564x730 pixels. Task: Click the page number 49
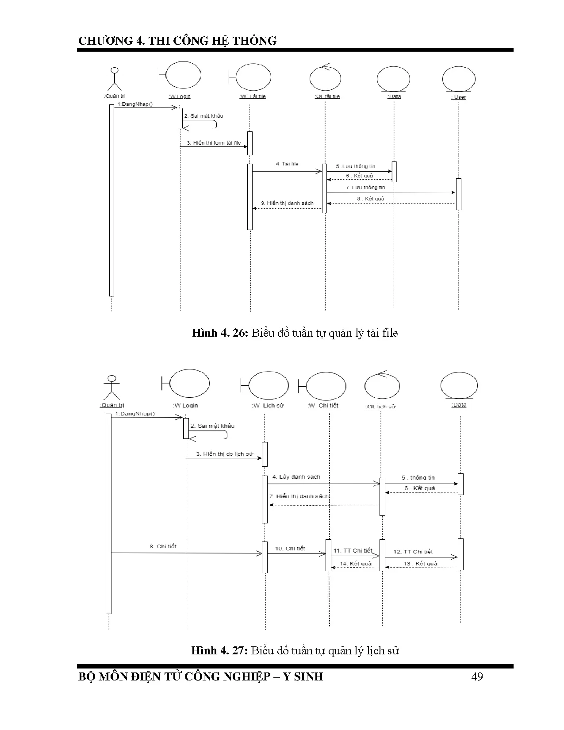click(477, 676)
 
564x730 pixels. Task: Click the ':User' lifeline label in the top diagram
click(459, 97)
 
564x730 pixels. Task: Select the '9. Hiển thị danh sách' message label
click(287, 203)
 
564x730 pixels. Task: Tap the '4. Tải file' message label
click(287, 164)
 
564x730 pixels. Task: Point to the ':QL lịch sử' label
click(381, 406)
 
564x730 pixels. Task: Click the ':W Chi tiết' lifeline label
click(323, 405)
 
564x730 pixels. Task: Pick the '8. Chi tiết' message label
click(163, 546)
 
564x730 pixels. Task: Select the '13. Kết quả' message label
click(420, 564)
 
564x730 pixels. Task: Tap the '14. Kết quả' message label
click(356, 564)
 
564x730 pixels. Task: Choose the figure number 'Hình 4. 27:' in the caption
click(219, 650)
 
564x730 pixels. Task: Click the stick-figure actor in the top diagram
click(115, 79)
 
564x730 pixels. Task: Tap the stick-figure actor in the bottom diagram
click(112, 387)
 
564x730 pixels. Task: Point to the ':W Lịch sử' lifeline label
click(268, 405)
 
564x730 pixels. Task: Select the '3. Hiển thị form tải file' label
click(214, 143)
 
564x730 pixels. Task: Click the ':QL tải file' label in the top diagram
click(327, 96)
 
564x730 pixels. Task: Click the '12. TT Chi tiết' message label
click(413, 552)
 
